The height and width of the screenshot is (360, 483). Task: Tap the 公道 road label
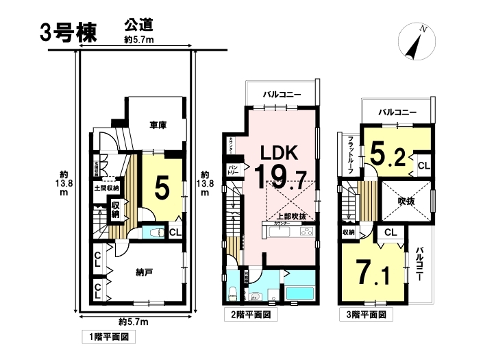click(138, 25)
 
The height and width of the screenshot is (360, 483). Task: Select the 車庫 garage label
click(159, 125)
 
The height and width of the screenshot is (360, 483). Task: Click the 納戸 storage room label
click(143, 272)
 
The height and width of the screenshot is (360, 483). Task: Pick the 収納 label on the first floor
click(116, 208)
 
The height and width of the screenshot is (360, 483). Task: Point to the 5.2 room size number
click(387, 154)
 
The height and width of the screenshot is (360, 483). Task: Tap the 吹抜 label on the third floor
click(408, 201)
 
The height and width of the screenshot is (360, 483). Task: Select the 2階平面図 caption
click(251, 316)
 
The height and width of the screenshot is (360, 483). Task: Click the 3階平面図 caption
click(367, 316)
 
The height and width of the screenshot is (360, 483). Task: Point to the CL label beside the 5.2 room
click(423, 165)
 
